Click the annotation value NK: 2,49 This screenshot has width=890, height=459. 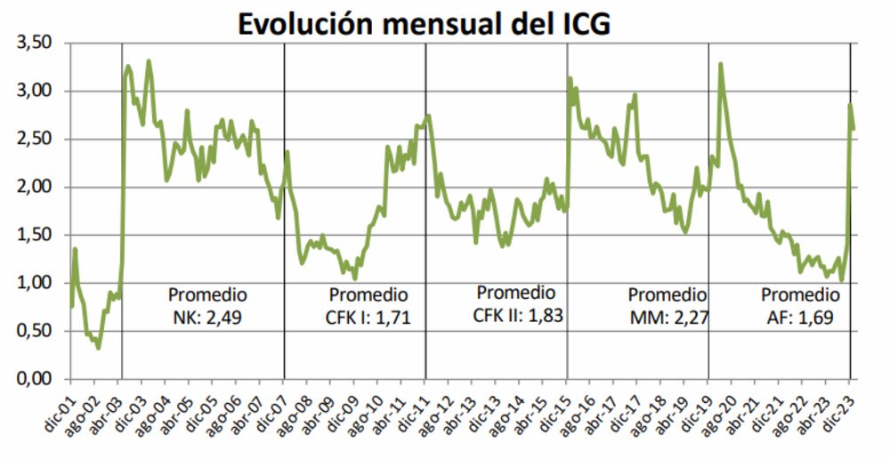207,316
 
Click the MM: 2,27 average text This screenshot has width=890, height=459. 667,316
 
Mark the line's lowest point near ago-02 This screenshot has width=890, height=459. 98,347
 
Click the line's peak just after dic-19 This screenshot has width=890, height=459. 720,64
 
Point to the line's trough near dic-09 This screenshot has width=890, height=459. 355,278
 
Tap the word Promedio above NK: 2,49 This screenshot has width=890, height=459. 207,294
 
